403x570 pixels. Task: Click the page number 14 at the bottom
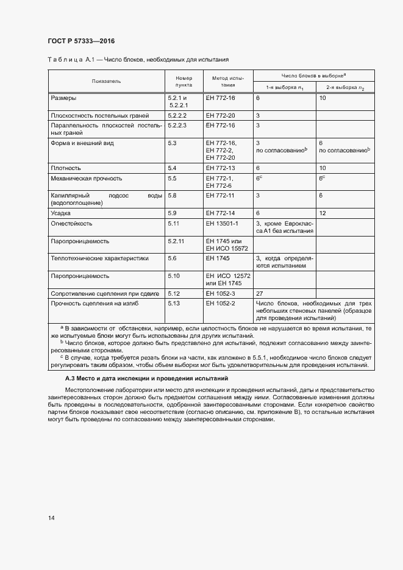51,518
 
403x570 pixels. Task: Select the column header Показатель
107,81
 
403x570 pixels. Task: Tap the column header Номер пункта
184,82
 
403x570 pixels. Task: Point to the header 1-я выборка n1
284,87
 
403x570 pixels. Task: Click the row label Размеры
64,98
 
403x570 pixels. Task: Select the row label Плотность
66,167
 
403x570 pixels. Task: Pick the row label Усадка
62,213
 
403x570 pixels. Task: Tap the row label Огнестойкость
71,224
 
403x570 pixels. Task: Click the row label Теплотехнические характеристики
99,258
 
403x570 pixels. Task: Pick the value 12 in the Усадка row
323,213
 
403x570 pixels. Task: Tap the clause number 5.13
173,303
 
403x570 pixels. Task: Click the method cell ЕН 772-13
219,167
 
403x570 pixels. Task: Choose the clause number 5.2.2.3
177,125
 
